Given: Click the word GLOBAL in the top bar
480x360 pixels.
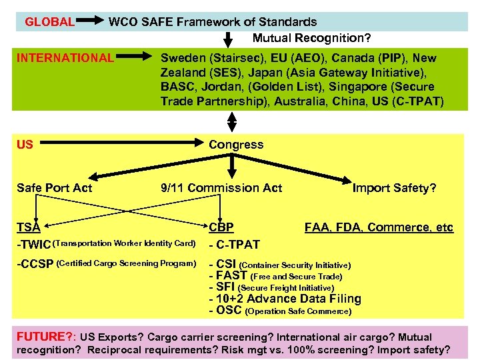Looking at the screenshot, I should tap(49, 22).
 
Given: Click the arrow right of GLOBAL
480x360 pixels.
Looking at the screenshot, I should tap(89, 22).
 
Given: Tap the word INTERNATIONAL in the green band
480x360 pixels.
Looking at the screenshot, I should tap(65, 58).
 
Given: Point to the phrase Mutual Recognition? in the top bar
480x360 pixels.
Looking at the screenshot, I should tap(311, 39).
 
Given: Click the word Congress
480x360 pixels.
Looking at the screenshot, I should tap(236, 145).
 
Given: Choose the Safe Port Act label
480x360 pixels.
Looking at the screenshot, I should tap(54, 188).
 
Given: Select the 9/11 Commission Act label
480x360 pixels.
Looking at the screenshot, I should tap(221, 188).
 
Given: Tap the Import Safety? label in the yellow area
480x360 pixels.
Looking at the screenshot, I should tap(395, 188).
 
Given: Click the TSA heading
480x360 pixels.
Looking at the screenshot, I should tap(28, 228).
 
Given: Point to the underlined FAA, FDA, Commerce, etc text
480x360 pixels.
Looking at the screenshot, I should tap(379, 228).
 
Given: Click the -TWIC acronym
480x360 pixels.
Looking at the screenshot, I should tap(33, 244).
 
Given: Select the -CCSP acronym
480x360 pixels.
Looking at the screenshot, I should tap(35, 264).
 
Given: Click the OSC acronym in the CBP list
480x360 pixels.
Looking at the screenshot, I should tap(229, 311).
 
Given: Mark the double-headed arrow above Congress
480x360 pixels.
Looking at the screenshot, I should tap(232, 121).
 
